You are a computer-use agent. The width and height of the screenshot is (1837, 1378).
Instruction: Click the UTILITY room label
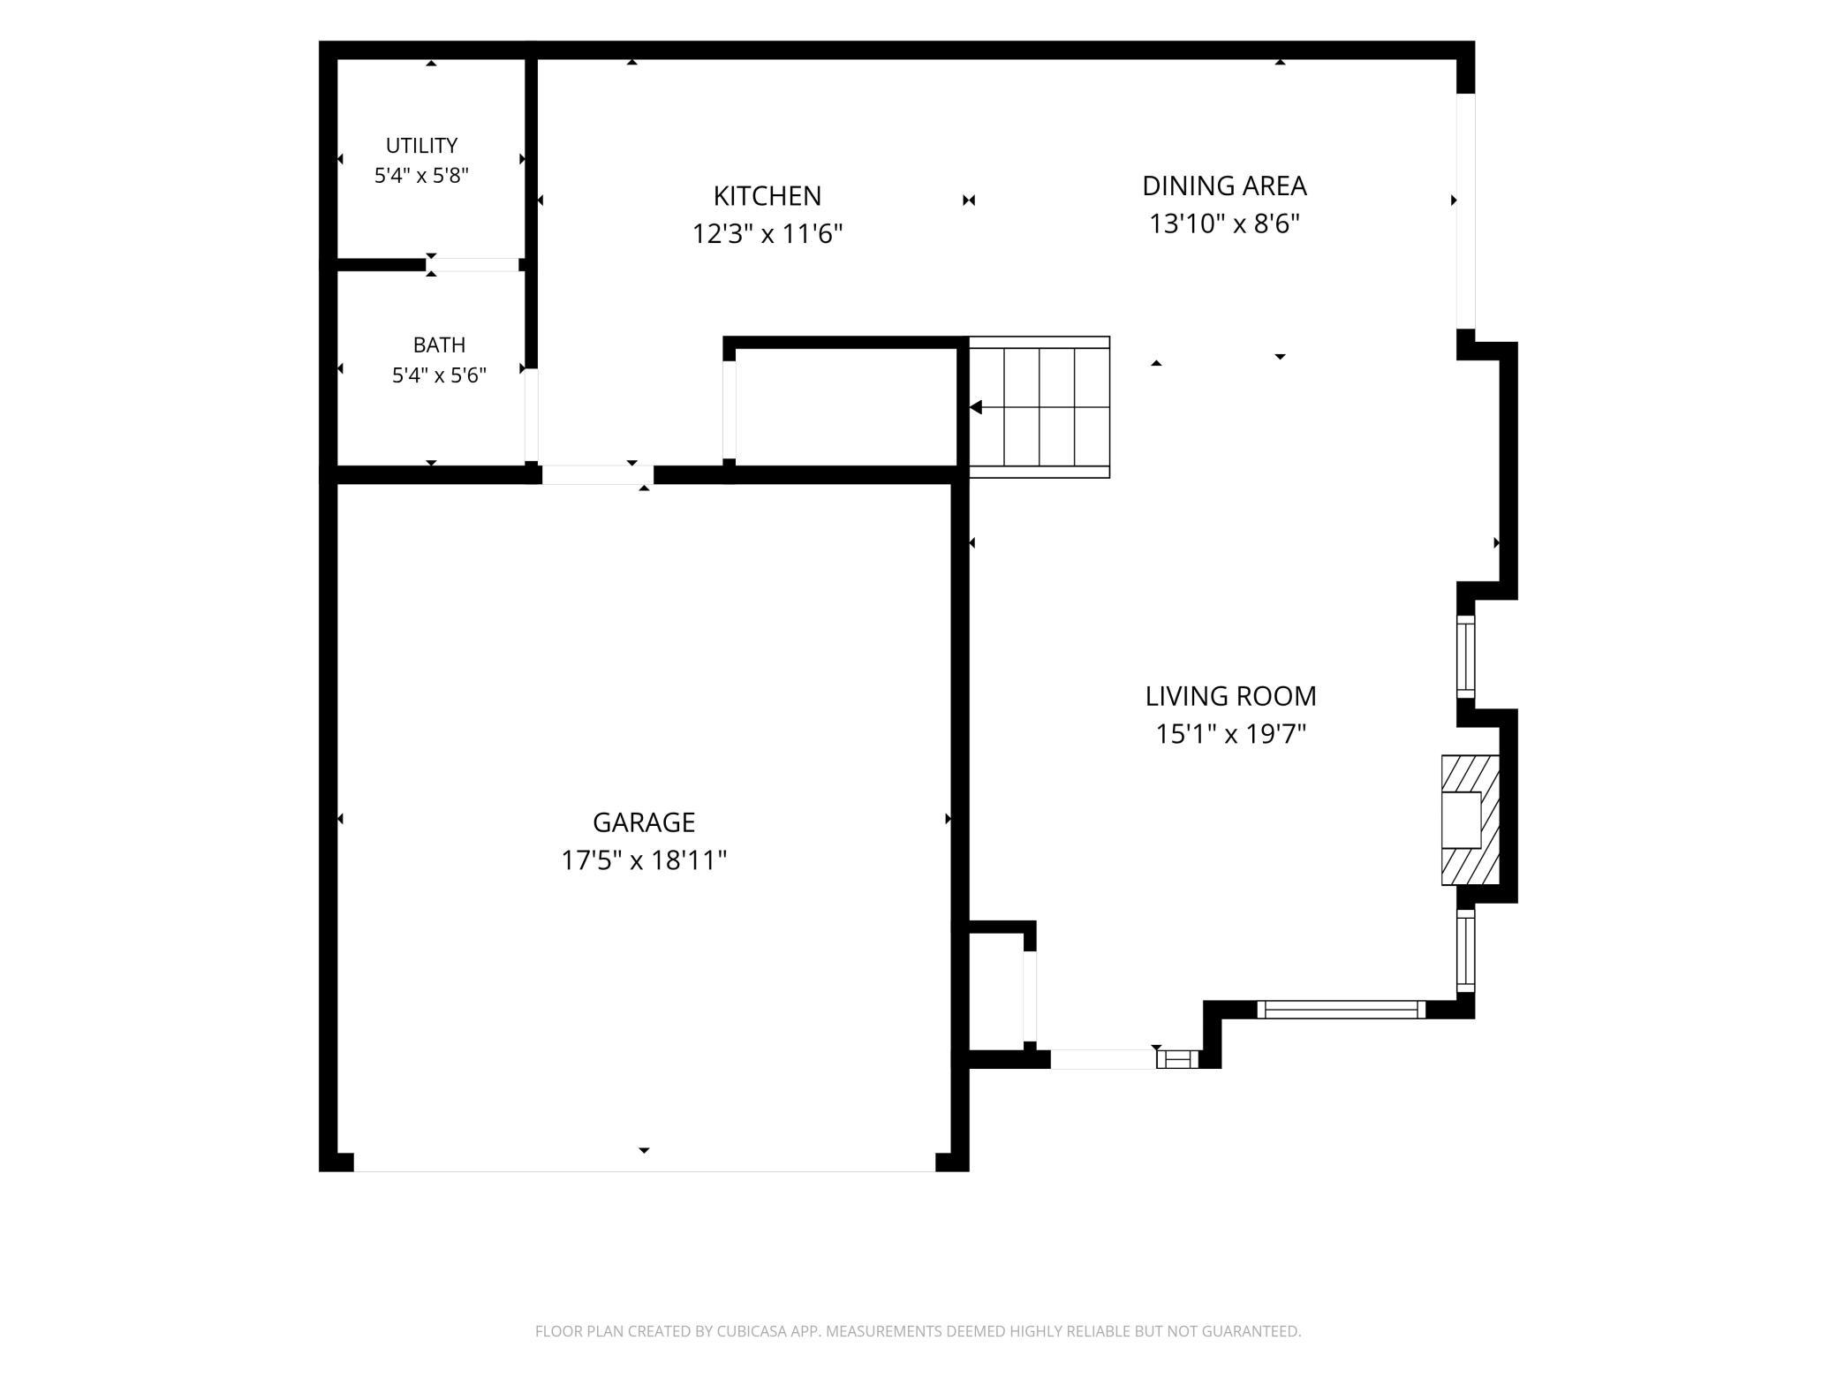point(421,145)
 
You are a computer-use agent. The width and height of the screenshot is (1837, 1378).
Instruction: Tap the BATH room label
point(439,344)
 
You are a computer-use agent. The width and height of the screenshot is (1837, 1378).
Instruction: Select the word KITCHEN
point(767,195)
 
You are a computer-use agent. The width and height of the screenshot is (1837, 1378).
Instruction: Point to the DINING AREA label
point(1224,185)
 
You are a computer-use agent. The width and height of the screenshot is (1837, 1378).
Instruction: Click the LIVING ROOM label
point(1230,696)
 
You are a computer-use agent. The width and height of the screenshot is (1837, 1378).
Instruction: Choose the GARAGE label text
point(643,822)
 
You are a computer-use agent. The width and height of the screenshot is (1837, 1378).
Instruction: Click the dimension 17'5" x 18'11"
point(643,859)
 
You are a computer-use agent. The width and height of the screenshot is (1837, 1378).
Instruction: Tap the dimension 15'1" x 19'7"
point(1230,733)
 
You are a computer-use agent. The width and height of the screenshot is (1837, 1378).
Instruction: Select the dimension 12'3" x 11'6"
point(767,233)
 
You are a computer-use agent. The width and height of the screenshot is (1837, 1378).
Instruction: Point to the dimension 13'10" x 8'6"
point(1224,223)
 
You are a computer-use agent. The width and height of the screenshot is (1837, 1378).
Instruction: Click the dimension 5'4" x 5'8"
point(421,175)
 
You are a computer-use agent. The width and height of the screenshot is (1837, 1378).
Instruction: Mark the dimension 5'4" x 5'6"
point(439,375)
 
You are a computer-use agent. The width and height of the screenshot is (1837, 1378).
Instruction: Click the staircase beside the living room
point(1039,407)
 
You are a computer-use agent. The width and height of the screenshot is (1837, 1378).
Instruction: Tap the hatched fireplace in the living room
point(1470,820)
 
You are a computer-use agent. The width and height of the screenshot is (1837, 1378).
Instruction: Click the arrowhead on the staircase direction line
point(975,407)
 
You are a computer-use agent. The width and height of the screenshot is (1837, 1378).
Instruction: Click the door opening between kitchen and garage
point(598,474)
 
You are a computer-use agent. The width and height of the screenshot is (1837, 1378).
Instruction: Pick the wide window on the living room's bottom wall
point(1341,1009)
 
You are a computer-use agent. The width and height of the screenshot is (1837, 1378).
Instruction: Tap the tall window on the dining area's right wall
point(1465,211)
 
